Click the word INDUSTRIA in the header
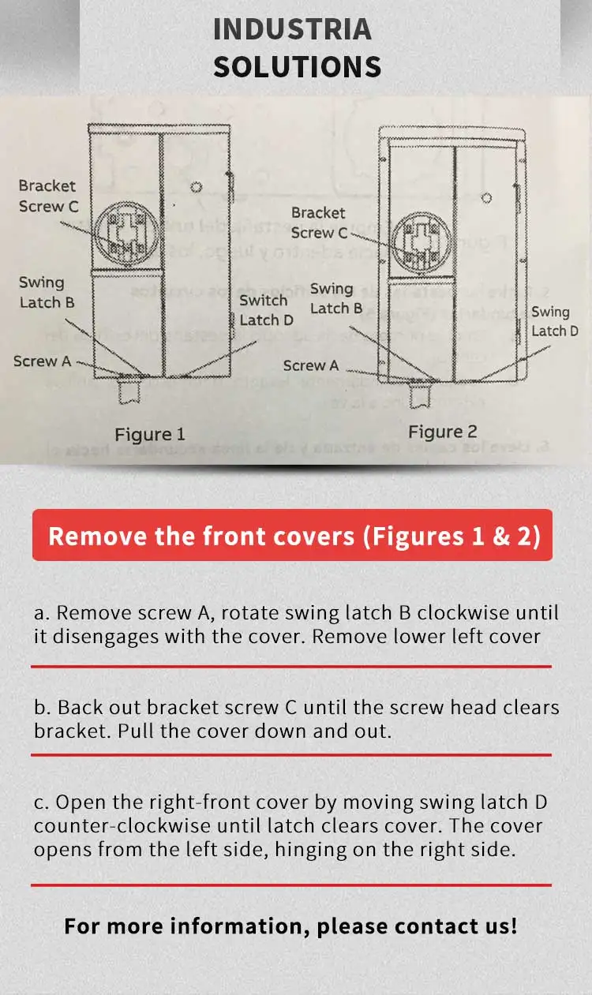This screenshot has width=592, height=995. point(292,29)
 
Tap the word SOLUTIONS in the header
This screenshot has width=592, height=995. point(297,66)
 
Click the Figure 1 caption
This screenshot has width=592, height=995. point(150,434)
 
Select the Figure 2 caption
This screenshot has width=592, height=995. point(443,432)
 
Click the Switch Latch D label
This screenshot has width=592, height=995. point(266,310)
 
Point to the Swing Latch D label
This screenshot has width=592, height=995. point(555,322)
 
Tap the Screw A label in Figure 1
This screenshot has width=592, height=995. point(42,361)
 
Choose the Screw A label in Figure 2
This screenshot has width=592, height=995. point(311,365)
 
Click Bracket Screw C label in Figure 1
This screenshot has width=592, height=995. point(48,196)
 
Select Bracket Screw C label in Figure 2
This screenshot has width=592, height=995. point(319,223)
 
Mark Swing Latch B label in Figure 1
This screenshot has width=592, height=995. point(47,292)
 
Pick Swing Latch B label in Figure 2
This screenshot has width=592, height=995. point(336,298)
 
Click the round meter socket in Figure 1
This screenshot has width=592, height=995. point(126,234)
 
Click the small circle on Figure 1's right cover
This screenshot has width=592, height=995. point(196,187)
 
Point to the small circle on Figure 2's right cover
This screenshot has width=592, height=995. point(487,198)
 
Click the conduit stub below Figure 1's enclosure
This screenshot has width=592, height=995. point(129,391)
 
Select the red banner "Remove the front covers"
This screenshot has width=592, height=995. point(292,535)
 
